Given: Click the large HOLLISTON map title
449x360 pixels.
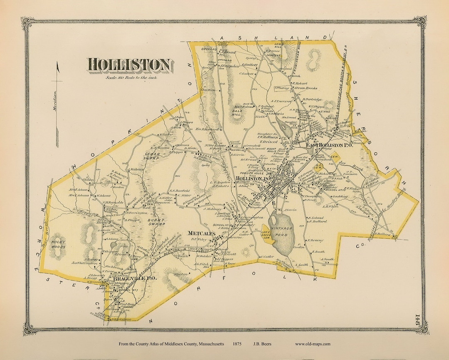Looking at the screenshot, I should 129,65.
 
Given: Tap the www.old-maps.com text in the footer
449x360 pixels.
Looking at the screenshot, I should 313,344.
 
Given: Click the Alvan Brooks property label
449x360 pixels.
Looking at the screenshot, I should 306,88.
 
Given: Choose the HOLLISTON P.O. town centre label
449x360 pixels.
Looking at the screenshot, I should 253,178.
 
